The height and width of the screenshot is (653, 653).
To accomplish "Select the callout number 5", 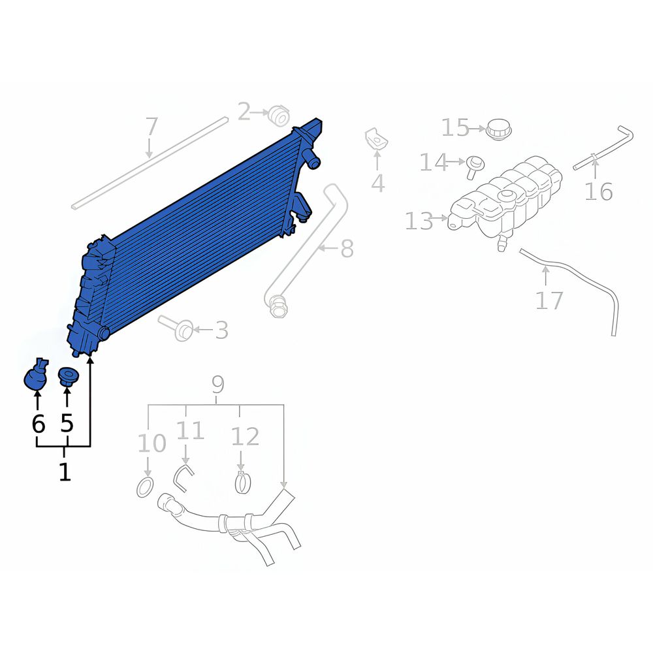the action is tap(67, 423).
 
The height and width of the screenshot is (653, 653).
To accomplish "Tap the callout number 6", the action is tap(38, 424).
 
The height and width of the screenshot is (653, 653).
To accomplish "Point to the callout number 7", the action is tap(151, 127).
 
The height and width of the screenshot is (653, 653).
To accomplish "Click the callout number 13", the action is tap(419, 221).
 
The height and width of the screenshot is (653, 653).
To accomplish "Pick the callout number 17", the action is tap(549, 300).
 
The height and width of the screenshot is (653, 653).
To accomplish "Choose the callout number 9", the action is tap(218, 385).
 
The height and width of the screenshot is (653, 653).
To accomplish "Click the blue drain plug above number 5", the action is tap(66, 377).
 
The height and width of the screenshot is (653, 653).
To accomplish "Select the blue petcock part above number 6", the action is tap(36, 374).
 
